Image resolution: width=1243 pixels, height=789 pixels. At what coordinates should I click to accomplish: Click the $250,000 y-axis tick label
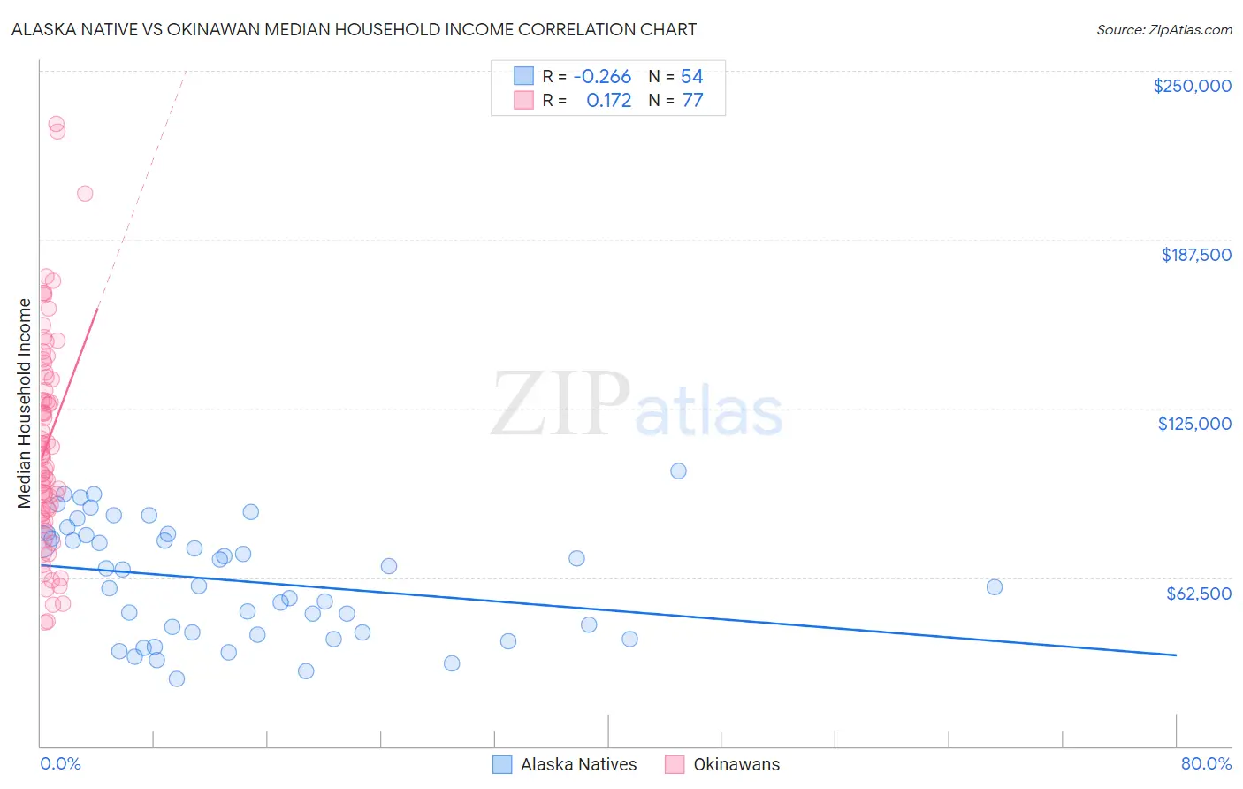click(1192, 86)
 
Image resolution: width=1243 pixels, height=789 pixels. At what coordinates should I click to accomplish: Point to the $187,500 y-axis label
click(1195, 255)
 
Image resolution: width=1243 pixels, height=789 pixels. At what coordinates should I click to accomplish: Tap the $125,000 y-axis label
click(1194, 424)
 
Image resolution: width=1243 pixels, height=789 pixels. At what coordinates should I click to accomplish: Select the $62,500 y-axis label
click(1198, 594)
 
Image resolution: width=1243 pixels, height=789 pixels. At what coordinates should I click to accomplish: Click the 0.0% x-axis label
click(60, 764)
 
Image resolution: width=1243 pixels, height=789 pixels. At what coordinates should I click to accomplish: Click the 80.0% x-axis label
click(1206, 764)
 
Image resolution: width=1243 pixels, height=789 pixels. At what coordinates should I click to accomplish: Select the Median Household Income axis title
click(25, 403)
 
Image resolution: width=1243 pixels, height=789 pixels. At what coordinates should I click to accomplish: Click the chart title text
click(354, 30)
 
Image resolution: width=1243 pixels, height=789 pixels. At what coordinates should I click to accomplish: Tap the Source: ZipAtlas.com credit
click(1163, 30)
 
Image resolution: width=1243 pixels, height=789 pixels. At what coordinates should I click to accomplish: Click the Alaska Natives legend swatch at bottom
click(502, 764)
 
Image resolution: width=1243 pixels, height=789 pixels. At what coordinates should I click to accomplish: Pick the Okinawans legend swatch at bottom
click(675, 764)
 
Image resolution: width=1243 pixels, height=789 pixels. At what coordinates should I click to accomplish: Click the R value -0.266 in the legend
click(602, 77)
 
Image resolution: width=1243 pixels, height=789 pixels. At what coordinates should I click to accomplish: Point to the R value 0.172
click(609, 101)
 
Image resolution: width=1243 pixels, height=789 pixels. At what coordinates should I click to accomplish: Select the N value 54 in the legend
click(691, 77)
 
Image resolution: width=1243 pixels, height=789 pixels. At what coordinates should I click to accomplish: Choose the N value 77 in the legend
click(692, 101)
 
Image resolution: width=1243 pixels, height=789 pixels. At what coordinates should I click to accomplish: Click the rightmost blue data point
click(994, 587)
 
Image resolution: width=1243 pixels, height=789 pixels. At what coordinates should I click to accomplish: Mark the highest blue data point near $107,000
click(678, 471)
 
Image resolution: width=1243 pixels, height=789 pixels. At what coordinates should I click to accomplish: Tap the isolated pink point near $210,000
click(85, 194)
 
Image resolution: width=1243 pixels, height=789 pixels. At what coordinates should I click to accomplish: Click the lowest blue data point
click(177, 679)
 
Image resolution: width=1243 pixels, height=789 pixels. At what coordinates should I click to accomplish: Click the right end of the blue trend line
click(1176, 655)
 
